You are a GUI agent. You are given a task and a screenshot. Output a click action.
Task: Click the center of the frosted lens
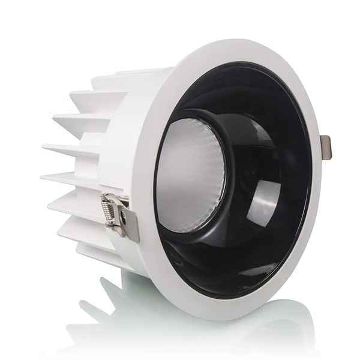pyautogui.click(x=191, y=167)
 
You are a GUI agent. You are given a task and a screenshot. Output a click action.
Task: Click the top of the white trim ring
pyautogui.click(x=240, y=48)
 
